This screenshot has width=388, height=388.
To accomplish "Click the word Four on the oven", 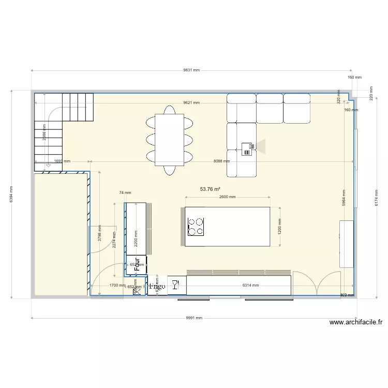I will (137, 264).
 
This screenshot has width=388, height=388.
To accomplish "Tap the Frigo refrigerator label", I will (157, 286).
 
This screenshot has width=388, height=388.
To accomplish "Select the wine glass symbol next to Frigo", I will (175, 285).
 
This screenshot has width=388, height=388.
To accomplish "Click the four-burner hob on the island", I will (196, 226).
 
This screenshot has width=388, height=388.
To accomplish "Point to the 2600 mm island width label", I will (227, 197).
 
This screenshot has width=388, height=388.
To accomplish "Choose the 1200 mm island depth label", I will (280, 227).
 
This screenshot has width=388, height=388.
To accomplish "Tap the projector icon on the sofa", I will (249, 148).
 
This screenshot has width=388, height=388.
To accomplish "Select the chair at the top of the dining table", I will (169, 110).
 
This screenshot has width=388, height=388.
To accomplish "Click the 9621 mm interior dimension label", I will (191, 102).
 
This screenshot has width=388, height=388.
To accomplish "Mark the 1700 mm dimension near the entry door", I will (116, 285).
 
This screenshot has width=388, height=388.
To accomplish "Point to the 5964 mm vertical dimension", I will (345, 197).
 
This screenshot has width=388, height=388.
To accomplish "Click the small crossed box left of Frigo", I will (137, 292).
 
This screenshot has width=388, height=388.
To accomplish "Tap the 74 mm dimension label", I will (122, 192).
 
